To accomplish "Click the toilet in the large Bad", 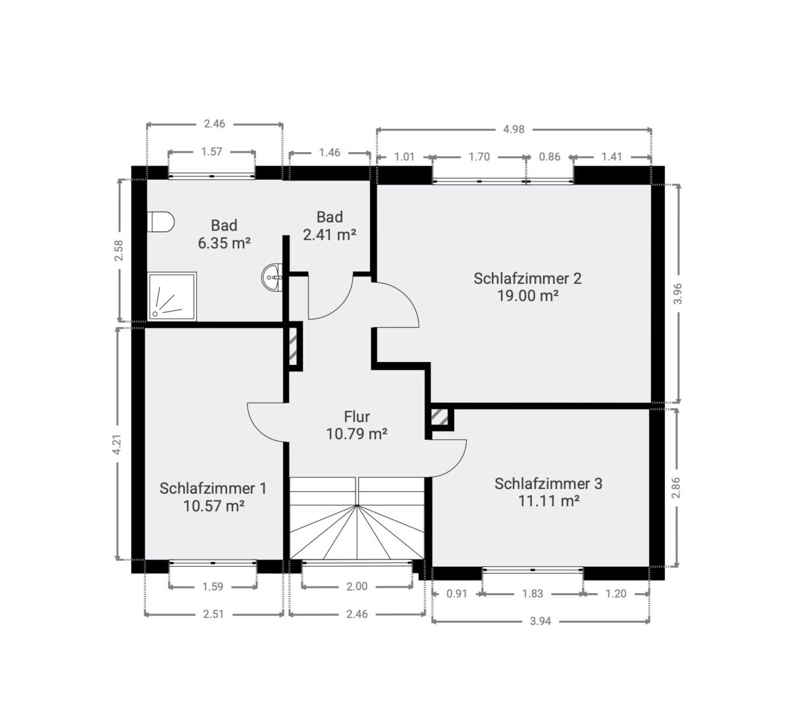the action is (160, 221).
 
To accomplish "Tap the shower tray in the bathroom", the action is (172, 297).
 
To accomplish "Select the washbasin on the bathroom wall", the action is (273, 276).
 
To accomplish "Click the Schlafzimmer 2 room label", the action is (527, 278).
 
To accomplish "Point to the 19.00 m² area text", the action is (527, 296).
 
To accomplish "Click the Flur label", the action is (357, 417).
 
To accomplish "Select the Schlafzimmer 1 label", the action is (213, 488).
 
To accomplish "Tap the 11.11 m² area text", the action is (549, 501).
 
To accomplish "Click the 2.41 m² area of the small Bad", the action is (329, 235).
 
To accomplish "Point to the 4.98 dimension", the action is (513, 129).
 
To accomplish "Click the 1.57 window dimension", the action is (211, 151).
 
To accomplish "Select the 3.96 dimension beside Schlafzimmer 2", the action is (677, 294).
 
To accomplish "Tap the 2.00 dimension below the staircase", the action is (357, 587).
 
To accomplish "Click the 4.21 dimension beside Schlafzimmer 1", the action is (117, 444).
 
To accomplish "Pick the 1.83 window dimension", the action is (533, 594).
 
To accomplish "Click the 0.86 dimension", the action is (550, 157).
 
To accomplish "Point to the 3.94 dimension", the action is (540, 621).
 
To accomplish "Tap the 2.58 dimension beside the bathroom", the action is (118, 250).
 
